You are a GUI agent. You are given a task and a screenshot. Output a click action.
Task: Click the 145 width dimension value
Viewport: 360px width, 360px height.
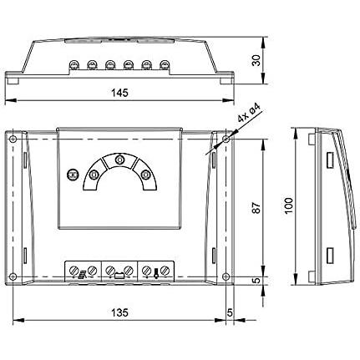119,93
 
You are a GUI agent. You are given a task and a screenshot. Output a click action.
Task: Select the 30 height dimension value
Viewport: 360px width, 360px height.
256,60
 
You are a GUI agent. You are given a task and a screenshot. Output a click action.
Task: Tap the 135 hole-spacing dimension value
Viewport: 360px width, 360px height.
119,312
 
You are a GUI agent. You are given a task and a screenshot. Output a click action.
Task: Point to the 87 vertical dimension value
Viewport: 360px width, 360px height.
256,207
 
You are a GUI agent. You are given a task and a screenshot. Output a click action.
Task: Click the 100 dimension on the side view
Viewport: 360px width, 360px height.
289,205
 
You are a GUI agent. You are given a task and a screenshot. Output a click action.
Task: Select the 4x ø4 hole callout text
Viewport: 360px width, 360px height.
250,114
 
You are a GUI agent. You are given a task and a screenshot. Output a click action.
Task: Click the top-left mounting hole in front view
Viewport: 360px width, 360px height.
13,139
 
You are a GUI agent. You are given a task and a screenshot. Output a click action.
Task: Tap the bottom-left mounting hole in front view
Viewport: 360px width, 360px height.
13,276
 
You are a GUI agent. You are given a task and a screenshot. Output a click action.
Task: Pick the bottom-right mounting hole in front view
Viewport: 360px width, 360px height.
226,276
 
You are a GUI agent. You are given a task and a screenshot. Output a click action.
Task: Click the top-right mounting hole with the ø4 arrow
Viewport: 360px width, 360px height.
226,139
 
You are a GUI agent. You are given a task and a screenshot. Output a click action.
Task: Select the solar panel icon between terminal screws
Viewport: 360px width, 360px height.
83,274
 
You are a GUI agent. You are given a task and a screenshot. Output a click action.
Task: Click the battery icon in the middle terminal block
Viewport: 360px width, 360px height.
119,276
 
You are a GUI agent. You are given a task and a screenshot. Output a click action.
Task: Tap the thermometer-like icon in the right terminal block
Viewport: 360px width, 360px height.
155,272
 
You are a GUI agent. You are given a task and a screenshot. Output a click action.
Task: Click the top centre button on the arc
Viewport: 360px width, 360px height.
119,160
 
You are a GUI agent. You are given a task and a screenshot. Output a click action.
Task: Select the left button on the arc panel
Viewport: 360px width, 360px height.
94,175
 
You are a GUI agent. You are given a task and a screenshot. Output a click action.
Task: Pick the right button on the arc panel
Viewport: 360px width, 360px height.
145,175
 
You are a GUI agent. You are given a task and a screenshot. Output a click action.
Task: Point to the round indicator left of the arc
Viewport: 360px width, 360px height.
73,175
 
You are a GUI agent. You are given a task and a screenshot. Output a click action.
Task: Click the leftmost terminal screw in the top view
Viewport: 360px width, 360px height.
74,65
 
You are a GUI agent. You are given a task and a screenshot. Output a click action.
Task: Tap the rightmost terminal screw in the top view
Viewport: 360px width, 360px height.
164,65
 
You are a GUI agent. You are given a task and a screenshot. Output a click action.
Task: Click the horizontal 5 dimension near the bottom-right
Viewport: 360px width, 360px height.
230,312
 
